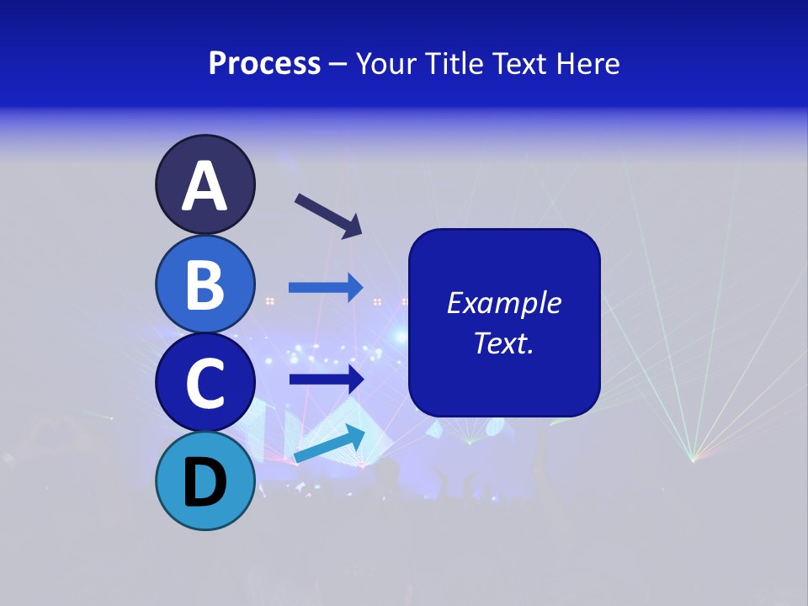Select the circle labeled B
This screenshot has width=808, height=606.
click(205, 284)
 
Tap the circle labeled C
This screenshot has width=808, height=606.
click(205, 382)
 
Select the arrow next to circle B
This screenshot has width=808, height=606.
click(326, 288)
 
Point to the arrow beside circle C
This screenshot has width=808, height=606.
click(326, 379)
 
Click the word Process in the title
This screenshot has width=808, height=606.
click(264, 63)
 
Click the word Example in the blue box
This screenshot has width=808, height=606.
click(503, 303)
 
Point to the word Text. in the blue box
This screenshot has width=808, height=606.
click(503, 343)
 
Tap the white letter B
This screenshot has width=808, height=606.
click(205, 284)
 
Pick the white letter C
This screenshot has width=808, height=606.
click(205, 383)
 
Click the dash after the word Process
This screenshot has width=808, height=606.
click(338, 65)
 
